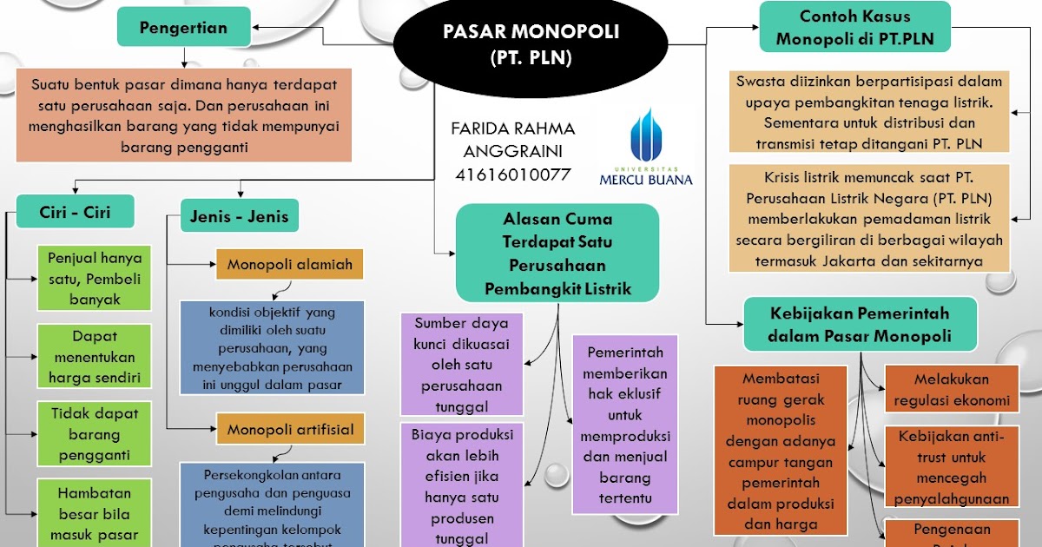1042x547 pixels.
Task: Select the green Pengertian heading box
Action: (x=183, y=27)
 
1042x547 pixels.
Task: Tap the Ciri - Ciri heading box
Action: (x=75, y=211)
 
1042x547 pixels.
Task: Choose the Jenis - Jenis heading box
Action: (x=239, y=215)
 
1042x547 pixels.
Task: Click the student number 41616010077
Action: (x=512, y=174)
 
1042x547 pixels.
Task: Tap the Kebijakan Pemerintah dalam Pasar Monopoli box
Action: (x=860, y=324)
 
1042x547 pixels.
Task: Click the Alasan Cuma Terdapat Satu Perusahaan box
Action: (x=557, y=253)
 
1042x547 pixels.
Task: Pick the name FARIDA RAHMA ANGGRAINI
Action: (x=512, y=139)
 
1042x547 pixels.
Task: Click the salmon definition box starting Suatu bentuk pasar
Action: (x=183, y=115)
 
